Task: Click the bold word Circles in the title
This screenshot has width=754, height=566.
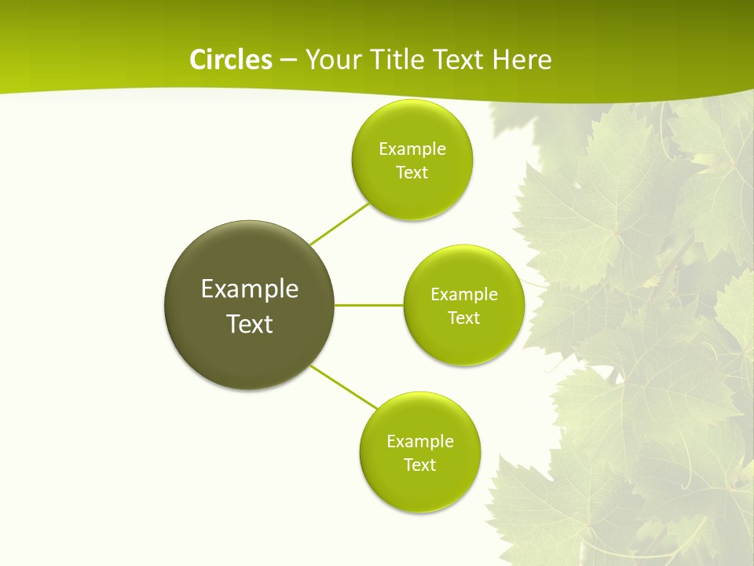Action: (230, 60)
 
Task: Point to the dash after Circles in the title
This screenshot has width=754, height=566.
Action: (287, 61)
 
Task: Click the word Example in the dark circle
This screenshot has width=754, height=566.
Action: (250, 289)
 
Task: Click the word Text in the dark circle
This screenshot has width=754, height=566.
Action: (250, 324)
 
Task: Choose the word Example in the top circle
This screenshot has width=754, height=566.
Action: (412, 149)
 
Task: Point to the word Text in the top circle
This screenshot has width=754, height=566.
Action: (412, 173)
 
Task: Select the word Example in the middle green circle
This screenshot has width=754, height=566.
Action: (464, 295)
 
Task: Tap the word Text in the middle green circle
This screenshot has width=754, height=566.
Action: (464, 318)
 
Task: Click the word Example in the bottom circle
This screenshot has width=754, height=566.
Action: (420, 442)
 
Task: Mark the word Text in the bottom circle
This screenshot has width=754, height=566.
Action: (420, 465)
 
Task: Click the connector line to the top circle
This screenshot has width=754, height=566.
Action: (339, 224)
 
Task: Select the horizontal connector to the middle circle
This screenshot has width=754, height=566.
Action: (369, 305)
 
